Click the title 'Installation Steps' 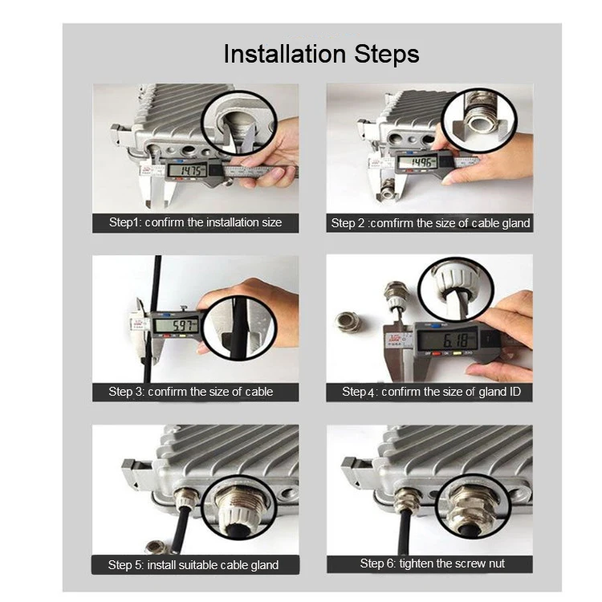coord(321,54)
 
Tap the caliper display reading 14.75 coord(187,170)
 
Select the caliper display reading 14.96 coord(417,162)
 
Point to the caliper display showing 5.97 coord(176,326)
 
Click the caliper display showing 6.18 coord(448,340)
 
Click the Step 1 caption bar coord(195,222)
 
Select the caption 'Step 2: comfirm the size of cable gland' coord(429,222)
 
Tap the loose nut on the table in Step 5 coord(159,547)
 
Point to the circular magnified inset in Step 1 coord(239,123)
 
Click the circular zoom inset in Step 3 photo coord(239,327)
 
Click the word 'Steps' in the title coord(387,54)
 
